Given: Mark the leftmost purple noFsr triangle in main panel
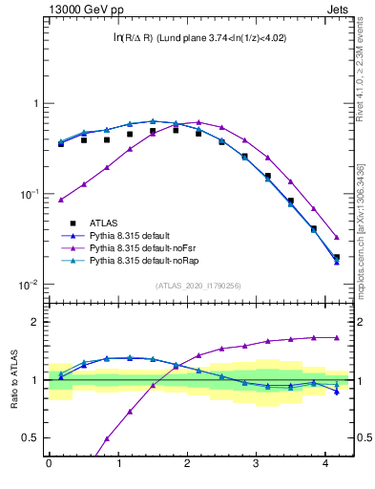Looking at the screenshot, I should [x=61, y=200].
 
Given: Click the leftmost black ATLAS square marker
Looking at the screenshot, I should [x=61, y=143].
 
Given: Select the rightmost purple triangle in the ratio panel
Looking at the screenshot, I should [x=336, y=337].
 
